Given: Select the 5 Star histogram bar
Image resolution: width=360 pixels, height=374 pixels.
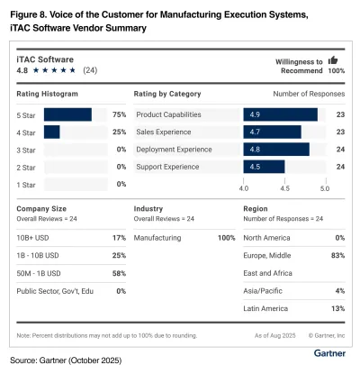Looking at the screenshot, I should click(67, 114).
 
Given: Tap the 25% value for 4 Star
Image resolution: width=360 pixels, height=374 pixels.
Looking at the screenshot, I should click(119, 132).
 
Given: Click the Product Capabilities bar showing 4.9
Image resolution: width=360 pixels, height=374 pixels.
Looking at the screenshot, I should click(280, 114).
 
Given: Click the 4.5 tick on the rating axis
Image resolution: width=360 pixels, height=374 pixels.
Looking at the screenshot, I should click(284, 188).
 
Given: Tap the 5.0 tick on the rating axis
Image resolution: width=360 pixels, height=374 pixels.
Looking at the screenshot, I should click(325, 188).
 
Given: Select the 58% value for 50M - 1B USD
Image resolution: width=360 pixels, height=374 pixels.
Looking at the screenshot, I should click(119, 272).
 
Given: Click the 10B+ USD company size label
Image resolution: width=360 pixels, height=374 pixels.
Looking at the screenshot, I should click(35, 237).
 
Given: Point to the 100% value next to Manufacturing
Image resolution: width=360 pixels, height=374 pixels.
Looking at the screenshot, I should click(227, 237).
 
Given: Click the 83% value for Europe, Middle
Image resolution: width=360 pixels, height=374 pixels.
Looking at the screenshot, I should click(339, 255).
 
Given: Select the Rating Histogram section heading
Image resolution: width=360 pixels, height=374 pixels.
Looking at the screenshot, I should click(48, 93).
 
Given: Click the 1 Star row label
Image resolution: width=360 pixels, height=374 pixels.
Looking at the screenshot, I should click(29, 184).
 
